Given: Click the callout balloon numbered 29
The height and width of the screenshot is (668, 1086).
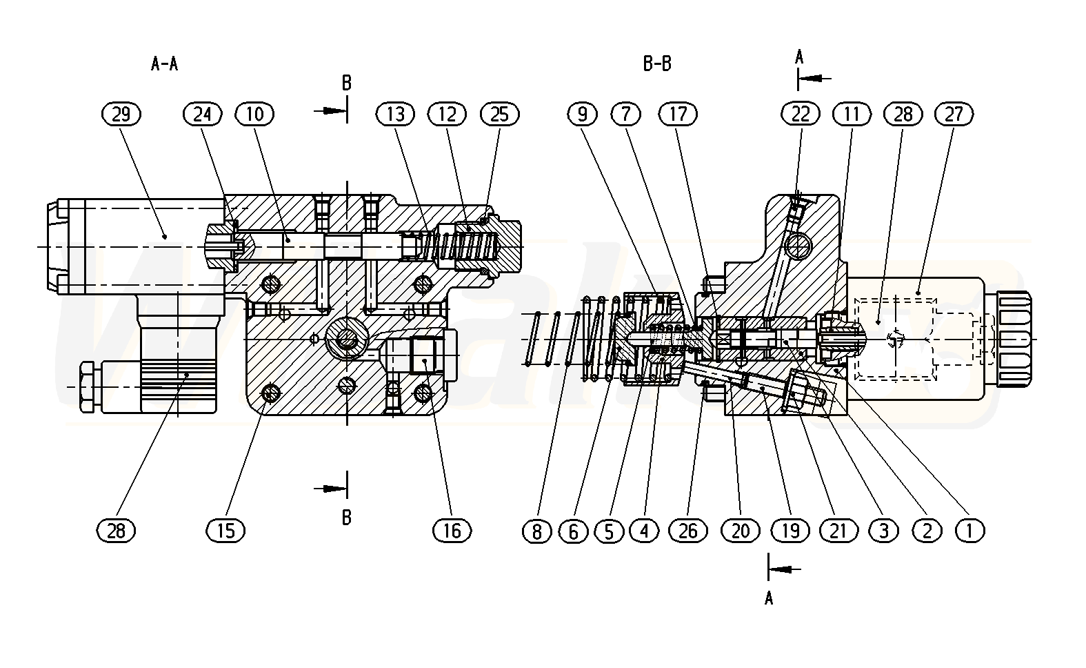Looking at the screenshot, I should point(121,114).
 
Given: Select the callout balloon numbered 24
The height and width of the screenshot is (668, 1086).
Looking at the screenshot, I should point(203,114).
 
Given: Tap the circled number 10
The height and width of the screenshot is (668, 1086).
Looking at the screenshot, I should point(254,114).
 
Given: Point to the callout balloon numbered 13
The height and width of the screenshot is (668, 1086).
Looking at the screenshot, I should point(395,114).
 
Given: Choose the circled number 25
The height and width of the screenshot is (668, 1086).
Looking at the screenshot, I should point(499,114).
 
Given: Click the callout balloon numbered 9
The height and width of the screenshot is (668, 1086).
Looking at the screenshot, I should point(583,114).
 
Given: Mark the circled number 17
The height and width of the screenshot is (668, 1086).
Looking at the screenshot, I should point(678,114).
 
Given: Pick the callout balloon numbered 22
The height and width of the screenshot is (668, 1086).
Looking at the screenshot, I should point(801,114).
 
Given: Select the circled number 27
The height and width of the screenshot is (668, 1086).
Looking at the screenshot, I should point(954,114).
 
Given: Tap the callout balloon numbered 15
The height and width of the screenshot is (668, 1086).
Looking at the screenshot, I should point(225,530).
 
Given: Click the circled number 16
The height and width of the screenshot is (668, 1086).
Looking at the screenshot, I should point(452,530).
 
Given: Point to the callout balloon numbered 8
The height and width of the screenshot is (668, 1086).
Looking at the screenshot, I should point(538,530).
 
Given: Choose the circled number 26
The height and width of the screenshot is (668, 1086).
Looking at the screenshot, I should point(688,530).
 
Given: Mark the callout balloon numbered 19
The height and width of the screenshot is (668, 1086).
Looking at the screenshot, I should point(790,530).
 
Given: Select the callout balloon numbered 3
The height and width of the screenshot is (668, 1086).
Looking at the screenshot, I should point(884,530).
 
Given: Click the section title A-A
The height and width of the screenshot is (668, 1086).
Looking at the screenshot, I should point(164,65).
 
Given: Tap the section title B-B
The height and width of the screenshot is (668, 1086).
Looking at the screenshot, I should point(657,65).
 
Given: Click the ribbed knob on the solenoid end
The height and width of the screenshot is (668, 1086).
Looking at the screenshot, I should point(1012,337).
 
